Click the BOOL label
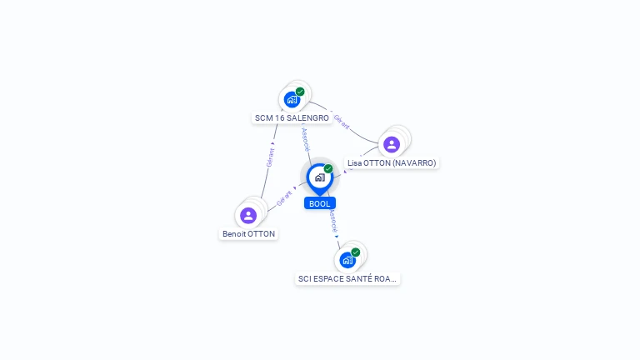point(320,203)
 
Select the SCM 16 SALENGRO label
point(297,118)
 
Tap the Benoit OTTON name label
point(248,234)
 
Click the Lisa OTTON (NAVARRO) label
point(392,163)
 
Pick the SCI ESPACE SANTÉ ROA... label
point(348,279)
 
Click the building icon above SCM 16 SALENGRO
point(292,100)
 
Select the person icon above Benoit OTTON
point(248,215)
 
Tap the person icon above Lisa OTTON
point(392,144)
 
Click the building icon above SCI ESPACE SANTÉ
point(347,260)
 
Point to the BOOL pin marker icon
point(319,177)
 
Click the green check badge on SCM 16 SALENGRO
point(300,92)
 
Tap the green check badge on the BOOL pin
point(328,169)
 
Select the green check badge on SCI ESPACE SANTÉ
point(356,252)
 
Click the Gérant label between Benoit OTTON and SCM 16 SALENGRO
point(270,157)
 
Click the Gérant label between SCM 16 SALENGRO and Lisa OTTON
point(342,122)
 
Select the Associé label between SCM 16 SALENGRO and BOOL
point(305,137)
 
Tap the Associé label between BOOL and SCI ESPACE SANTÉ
point(332,222)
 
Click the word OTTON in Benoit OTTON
point(262,234)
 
